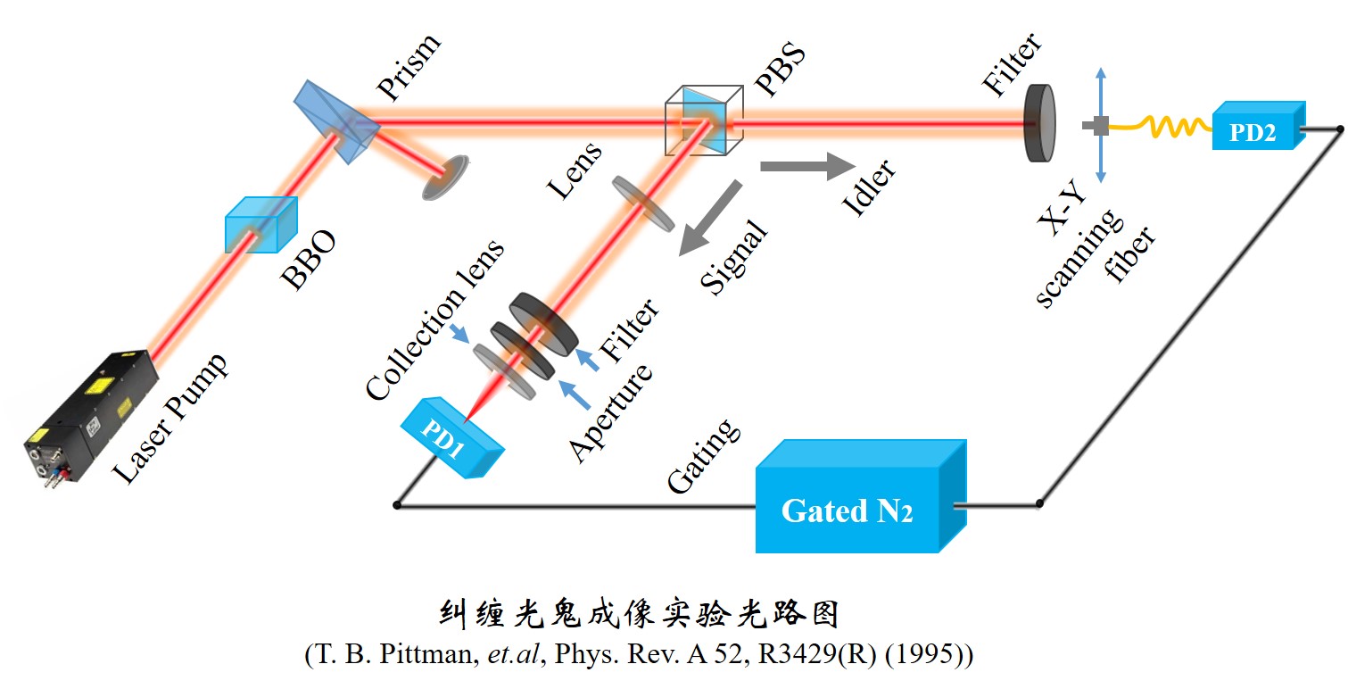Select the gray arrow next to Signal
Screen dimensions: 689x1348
708,220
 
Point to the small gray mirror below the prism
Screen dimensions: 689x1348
446,175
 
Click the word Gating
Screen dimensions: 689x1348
705,455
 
